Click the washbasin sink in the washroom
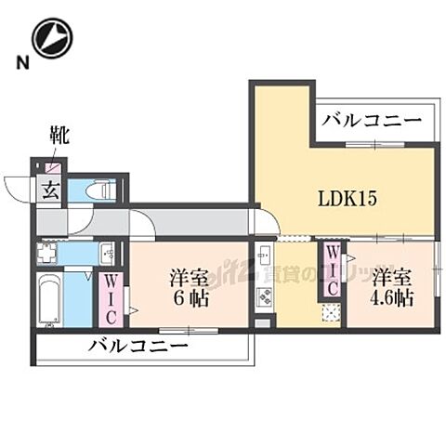[x=108, y=253]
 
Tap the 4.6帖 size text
[x=393, y=299]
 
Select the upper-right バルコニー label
[x=372, y=121]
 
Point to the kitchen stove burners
[x=264, y=297]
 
